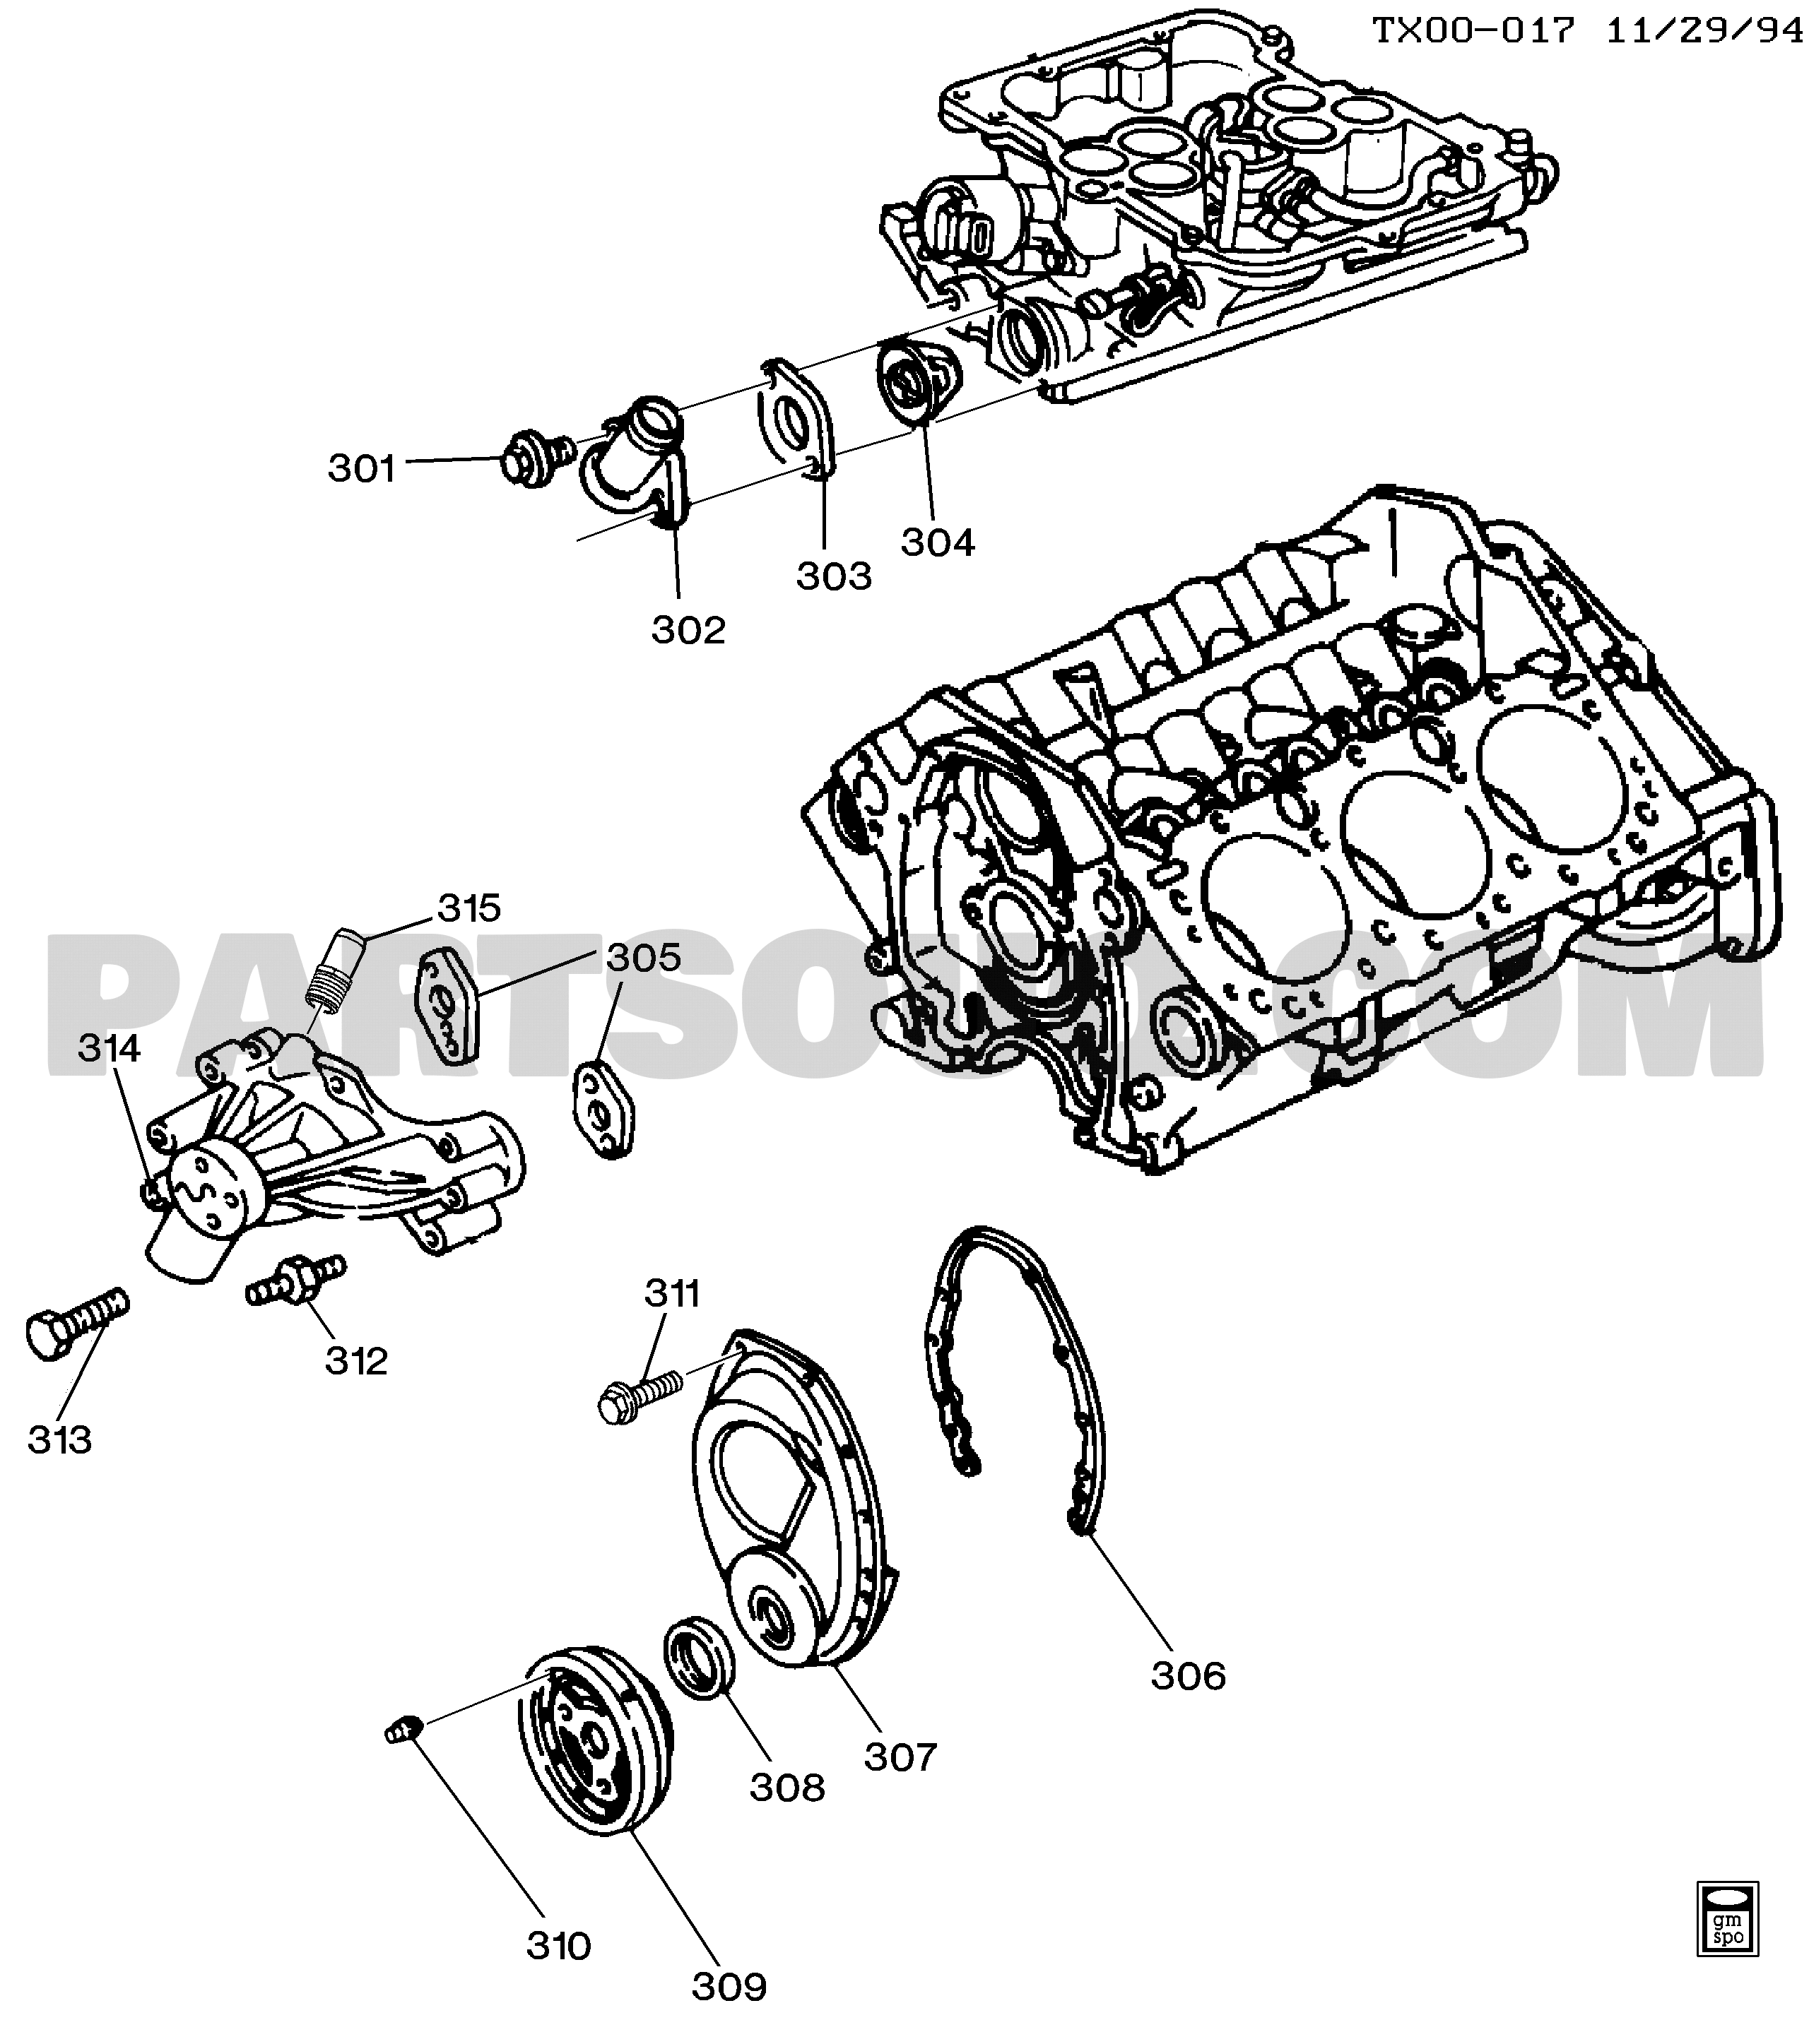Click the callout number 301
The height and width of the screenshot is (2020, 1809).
[362, 468]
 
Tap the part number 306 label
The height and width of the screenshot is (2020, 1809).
[1188, 1676]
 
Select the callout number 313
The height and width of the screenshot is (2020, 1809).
[59, 1439]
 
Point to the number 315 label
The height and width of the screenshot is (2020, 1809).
[469, 908]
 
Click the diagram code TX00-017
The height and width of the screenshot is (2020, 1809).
[1474, 30]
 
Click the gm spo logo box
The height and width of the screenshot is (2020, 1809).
[1728, 1935]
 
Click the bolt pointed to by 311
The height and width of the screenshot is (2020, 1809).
[639, 1392]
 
